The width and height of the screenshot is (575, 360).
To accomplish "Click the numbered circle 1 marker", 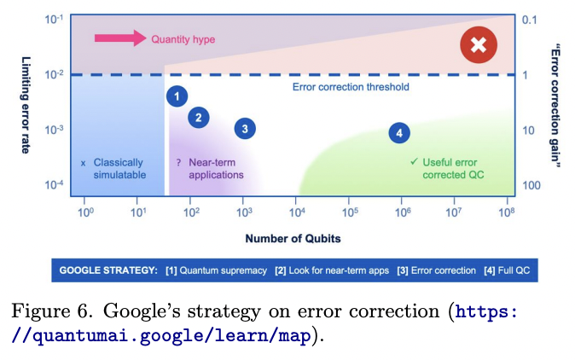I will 177,96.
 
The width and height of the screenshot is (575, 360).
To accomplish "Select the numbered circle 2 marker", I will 198,117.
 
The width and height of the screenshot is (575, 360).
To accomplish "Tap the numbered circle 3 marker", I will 246,129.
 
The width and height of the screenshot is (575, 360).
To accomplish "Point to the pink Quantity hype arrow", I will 119,38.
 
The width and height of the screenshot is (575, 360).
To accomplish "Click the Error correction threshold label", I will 351,87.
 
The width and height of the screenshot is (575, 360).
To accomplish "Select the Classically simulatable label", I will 119,168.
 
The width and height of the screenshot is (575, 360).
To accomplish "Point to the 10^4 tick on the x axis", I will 297,211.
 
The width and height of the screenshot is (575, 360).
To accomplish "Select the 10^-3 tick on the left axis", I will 55,130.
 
